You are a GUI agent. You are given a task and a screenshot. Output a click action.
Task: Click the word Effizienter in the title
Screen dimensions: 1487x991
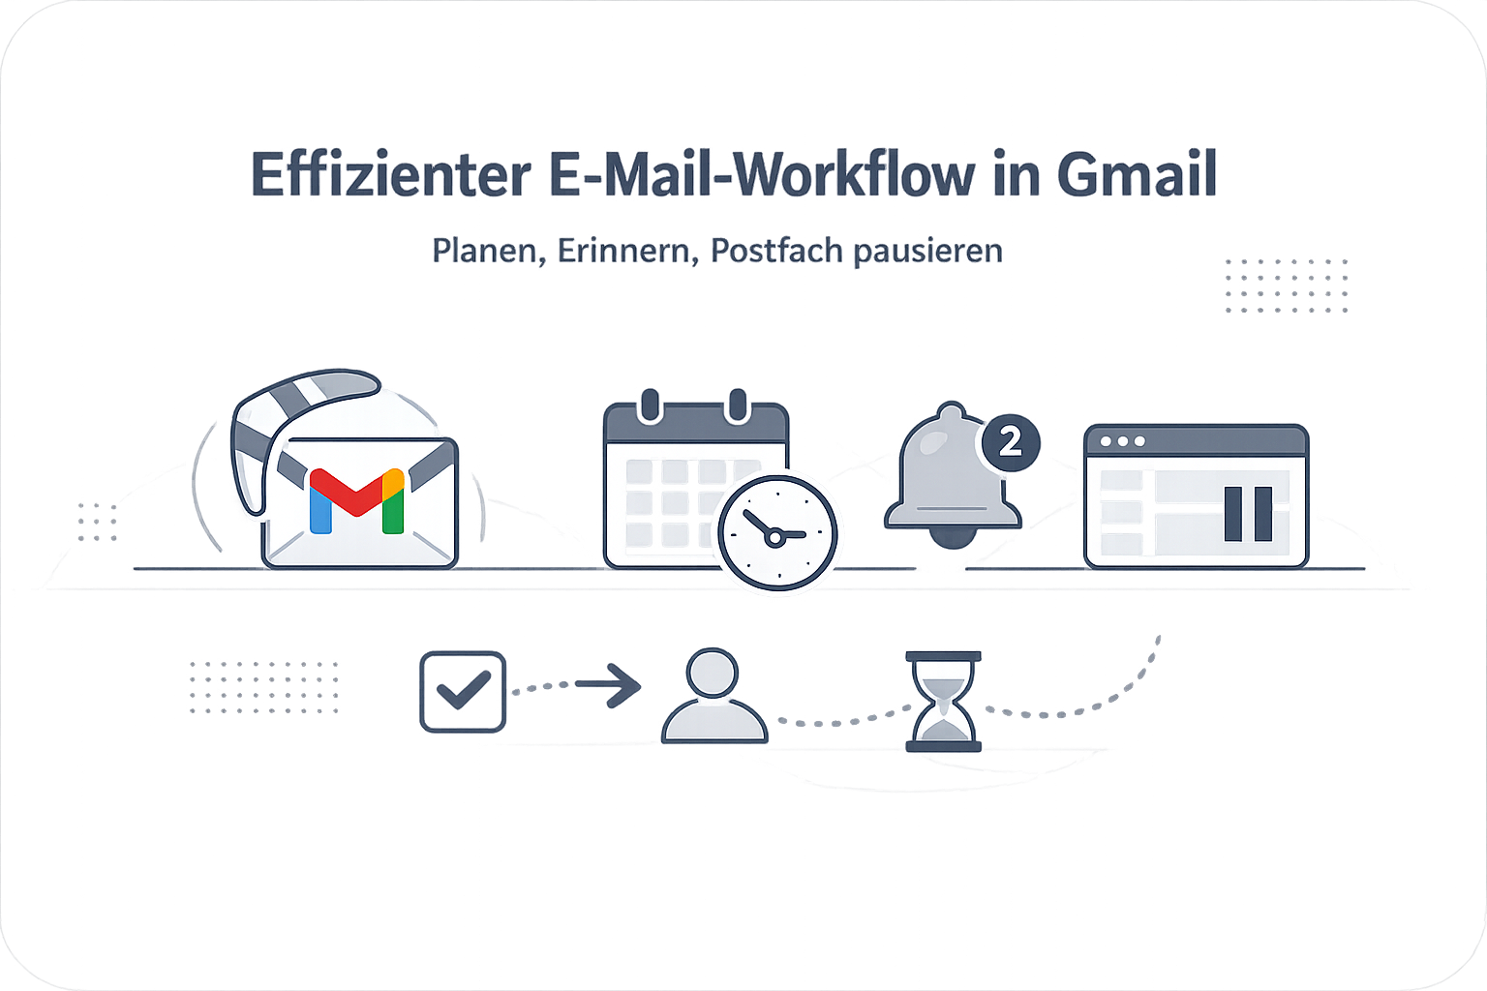391,174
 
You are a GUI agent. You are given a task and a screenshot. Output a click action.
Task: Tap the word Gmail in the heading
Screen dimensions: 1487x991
1138,174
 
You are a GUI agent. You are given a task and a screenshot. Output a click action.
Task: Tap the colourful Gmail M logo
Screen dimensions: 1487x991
357,501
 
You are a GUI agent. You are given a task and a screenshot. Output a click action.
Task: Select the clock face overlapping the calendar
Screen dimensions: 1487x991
777,533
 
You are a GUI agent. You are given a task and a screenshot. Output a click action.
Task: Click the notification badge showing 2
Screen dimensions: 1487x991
1011,442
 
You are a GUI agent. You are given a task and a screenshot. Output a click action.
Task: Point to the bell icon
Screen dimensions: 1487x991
953,474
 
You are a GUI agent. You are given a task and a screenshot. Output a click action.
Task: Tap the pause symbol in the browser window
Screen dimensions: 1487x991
1248,514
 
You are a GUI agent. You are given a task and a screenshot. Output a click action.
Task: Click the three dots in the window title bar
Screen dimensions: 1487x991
1123,441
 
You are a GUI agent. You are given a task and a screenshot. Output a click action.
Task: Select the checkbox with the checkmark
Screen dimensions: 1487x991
463,692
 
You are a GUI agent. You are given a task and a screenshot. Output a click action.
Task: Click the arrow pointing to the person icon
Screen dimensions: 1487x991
607,685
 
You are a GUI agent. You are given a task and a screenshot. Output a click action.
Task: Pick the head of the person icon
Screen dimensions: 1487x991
713,673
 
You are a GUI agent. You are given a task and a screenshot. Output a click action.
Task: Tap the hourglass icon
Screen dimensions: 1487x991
943,702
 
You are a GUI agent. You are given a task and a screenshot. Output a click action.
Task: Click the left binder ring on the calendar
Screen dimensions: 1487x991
651,405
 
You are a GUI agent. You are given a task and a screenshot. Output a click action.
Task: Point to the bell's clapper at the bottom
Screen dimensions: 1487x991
953,538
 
